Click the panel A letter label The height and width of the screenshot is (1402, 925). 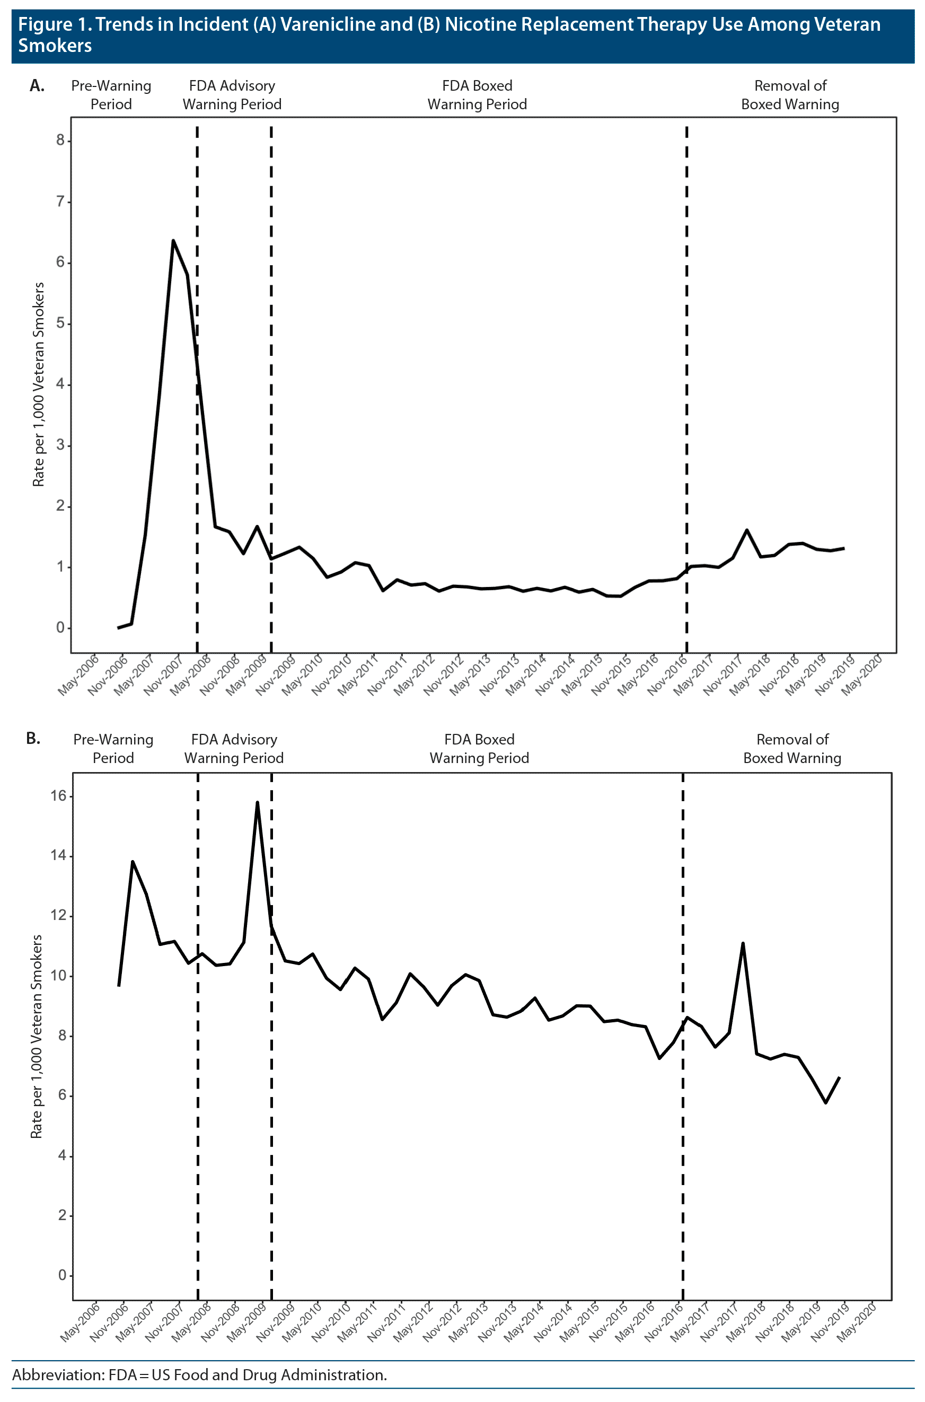(37, 86)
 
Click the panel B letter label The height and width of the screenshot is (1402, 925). (33, 738)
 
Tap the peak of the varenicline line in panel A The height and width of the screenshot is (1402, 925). (173, 240)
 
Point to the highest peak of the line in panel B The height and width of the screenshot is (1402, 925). (257, 802)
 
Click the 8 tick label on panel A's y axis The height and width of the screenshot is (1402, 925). (60, 141)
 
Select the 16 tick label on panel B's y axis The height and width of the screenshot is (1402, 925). (58, 795)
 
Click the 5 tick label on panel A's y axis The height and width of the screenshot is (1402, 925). (60, 323)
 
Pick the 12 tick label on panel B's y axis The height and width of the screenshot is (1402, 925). (58, 916)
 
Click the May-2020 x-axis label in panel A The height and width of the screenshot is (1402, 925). (861, 674)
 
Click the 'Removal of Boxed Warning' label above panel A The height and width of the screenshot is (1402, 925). (790, 95)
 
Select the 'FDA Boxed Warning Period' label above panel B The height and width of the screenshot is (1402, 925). (479, 748)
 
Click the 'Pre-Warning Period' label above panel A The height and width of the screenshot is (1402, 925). (111, 95)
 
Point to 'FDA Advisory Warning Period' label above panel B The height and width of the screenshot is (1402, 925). (234, 748)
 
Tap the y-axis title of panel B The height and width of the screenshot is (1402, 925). (37, 1036)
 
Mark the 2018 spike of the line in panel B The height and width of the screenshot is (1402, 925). (743, 943)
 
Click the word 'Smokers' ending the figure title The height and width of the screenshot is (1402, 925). (55, 46)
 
